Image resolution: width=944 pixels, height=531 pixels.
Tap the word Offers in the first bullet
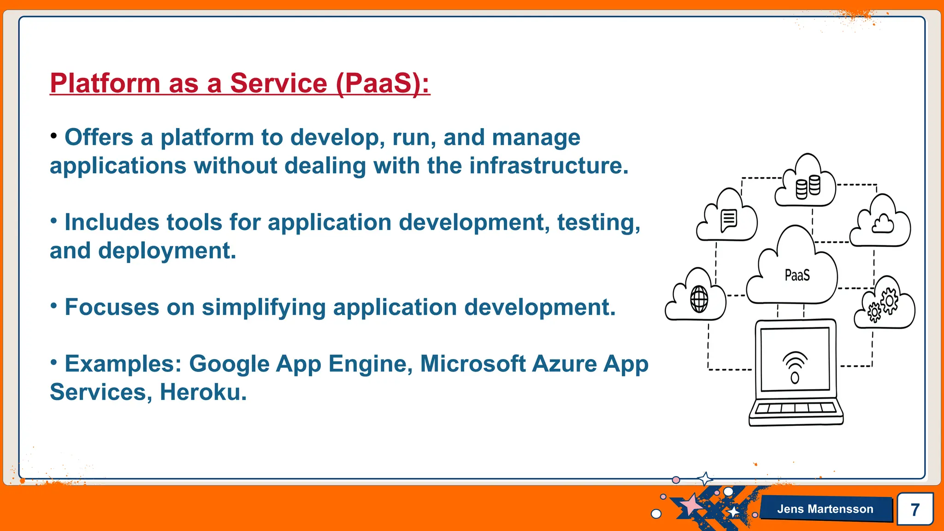coord(99,137)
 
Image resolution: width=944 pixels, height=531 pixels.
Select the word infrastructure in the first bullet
coord(549,165)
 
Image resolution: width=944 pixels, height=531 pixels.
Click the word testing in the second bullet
coord(598,222)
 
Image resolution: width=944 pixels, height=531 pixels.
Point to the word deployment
coord(166,251)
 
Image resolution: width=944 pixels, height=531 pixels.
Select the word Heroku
coord(203,392)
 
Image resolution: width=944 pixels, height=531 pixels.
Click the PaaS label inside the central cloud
coord(797,276)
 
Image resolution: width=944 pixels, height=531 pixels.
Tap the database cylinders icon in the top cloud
coord(808,187)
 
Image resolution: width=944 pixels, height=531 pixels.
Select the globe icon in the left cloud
coord(699,299)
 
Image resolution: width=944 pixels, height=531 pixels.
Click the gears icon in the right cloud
coord(883,306)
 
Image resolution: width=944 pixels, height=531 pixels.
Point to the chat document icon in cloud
coord(729,220)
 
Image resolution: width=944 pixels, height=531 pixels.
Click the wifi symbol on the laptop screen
coord(795,366)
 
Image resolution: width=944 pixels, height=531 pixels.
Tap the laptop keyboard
coord(796,408)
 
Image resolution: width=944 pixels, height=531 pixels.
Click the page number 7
coord(915,509)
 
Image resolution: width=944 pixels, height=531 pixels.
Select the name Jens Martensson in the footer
coord(825,509)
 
